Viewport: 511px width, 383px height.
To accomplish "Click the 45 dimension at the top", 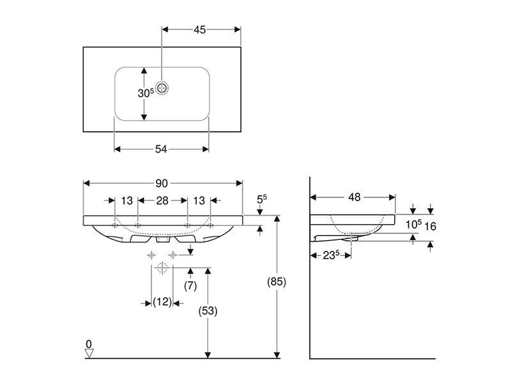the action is pyautogui.click(x=200, y=30).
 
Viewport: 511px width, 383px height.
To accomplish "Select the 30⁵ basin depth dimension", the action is pyautogui.click(x=146, y=93).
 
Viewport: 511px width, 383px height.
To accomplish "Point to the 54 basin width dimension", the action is pyautogui.click(x=161, y=149).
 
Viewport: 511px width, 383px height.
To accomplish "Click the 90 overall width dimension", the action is pyautogui.click(x=162, y=183).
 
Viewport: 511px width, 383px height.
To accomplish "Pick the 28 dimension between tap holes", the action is pyautogui.click(x=162, y=200).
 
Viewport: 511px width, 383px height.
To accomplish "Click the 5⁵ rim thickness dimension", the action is pyautogui.click(x=262, y=199).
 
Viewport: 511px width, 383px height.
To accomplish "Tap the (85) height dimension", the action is pyautogui.click(x=277, y=282).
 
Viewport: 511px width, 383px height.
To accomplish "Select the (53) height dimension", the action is pyautogui.click(x=208, y=311).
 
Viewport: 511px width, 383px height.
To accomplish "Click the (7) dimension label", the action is pyautogui.click(x=190, y=286).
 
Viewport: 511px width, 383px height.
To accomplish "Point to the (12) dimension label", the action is pyautogui.click(x=162, y=302).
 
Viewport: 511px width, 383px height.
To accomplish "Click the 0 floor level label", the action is pyautogui.click(x=89, y=344).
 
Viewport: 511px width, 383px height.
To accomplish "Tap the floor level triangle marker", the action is pyautogui.click(x=89, y=354).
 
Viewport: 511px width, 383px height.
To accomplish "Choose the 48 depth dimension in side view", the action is pyautogui.click(x=355, y=197).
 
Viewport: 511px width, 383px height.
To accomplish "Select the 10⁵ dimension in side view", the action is pyautogui.click(x=413, y=225).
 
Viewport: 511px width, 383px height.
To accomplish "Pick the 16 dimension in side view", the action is pyautogui.click(x=430, y=226).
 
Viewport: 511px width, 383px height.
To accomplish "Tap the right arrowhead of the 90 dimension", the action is pyautogui.click(x=240, y=183).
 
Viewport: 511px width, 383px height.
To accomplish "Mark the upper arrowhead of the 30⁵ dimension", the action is pyautogui.click(x=144, y=71).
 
